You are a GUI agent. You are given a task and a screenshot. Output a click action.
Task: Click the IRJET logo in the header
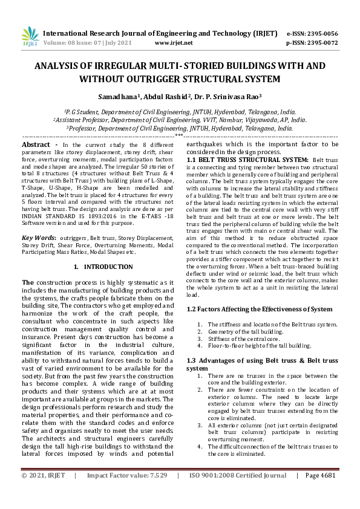coord(29,37)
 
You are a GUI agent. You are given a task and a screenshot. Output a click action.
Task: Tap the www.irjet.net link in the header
coord(174,43)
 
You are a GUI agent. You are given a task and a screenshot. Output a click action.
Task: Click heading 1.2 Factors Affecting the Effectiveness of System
coord(259,309)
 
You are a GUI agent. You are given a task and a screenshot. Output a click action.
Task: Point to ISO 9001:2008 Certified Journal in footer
coord(238,493)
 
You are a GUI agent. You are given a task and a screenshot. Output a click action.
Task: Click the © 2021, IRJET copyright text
coord(43,493)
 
